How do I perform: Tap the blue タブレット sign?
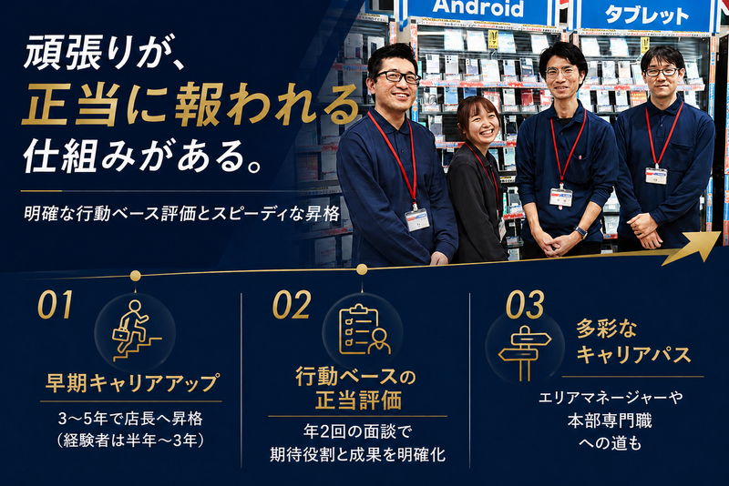pyautogui.click(x=646, y=15)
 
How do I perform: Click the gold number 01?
pyautogui.click(x=56, y=305)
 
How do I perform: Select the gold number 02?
pyautogui.click(x=292, y=305)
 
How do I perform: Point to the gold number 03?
pyautogui.click(x=525, y=305)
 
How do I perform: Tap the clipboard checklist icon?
pyautogui.click(x=364, y=329)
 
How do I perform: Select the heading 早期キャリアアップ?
pyautogui.click(x=131, y=383)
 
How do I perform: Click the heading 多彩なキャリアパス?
pyautogui.click(x=633, y=342)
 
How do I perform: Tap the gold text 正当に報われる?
pyautogui.click(x=190, y=105)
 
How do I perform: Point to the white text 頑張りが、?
pyautogui.click(x=106, y=52)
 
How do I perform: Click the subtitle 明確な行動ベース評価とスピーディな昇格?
pyautogui.click(x=181, y=214)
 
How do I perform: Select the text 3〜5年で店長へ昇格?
pyautogui.click(x=130, y=419)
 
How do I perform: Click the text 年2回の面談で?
pyautogui.click(x=357, y=431)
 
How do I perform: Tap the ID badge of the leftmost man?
pyautogui.click(x=416, y=219)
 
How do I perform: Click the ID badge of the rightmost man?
pyautogui.click(x=656, y=176)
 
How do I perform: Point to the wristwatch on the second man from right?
pyautogui.click(x=580, y=231)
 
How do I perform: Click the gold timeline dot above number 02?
pyautogui.click(x=362, y=269)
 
